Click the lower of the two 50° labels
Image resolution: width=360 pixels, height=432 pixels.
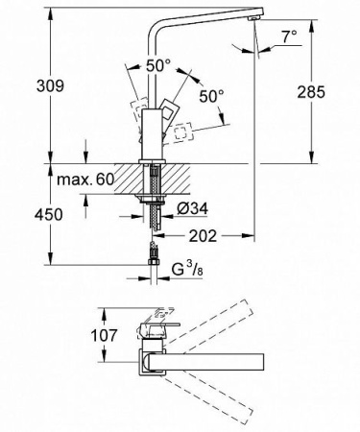pyautogui.click(x=211, y=96)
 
